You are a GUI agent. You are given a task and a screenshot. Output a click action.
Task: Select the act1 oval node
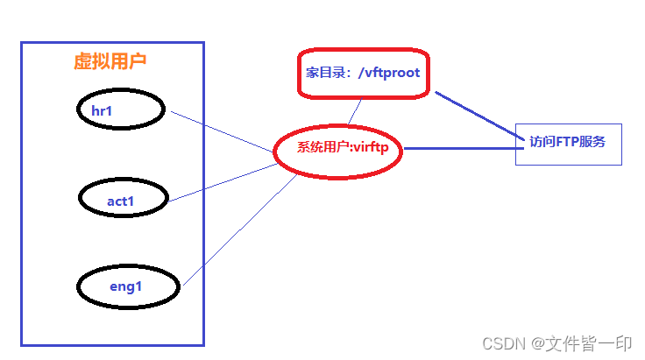(124, 200)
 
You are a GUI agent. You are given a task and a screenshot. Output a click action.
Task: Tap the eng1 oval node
(128, 286)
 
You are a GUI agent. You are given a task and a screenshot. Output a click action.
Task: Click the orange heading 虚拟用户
(110, 61)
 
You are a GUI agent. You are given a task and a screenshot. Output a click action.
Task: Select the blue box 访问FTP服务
(568, 144)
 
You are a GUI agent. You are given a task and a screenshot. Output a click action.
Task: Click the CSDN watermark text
(504, 342)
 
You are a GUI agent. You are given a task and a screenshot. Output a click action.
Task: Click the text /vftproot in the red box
(388, 73)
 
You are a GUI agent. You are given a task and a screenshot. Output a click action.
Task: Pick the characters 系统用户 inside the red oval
(322, 148)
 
